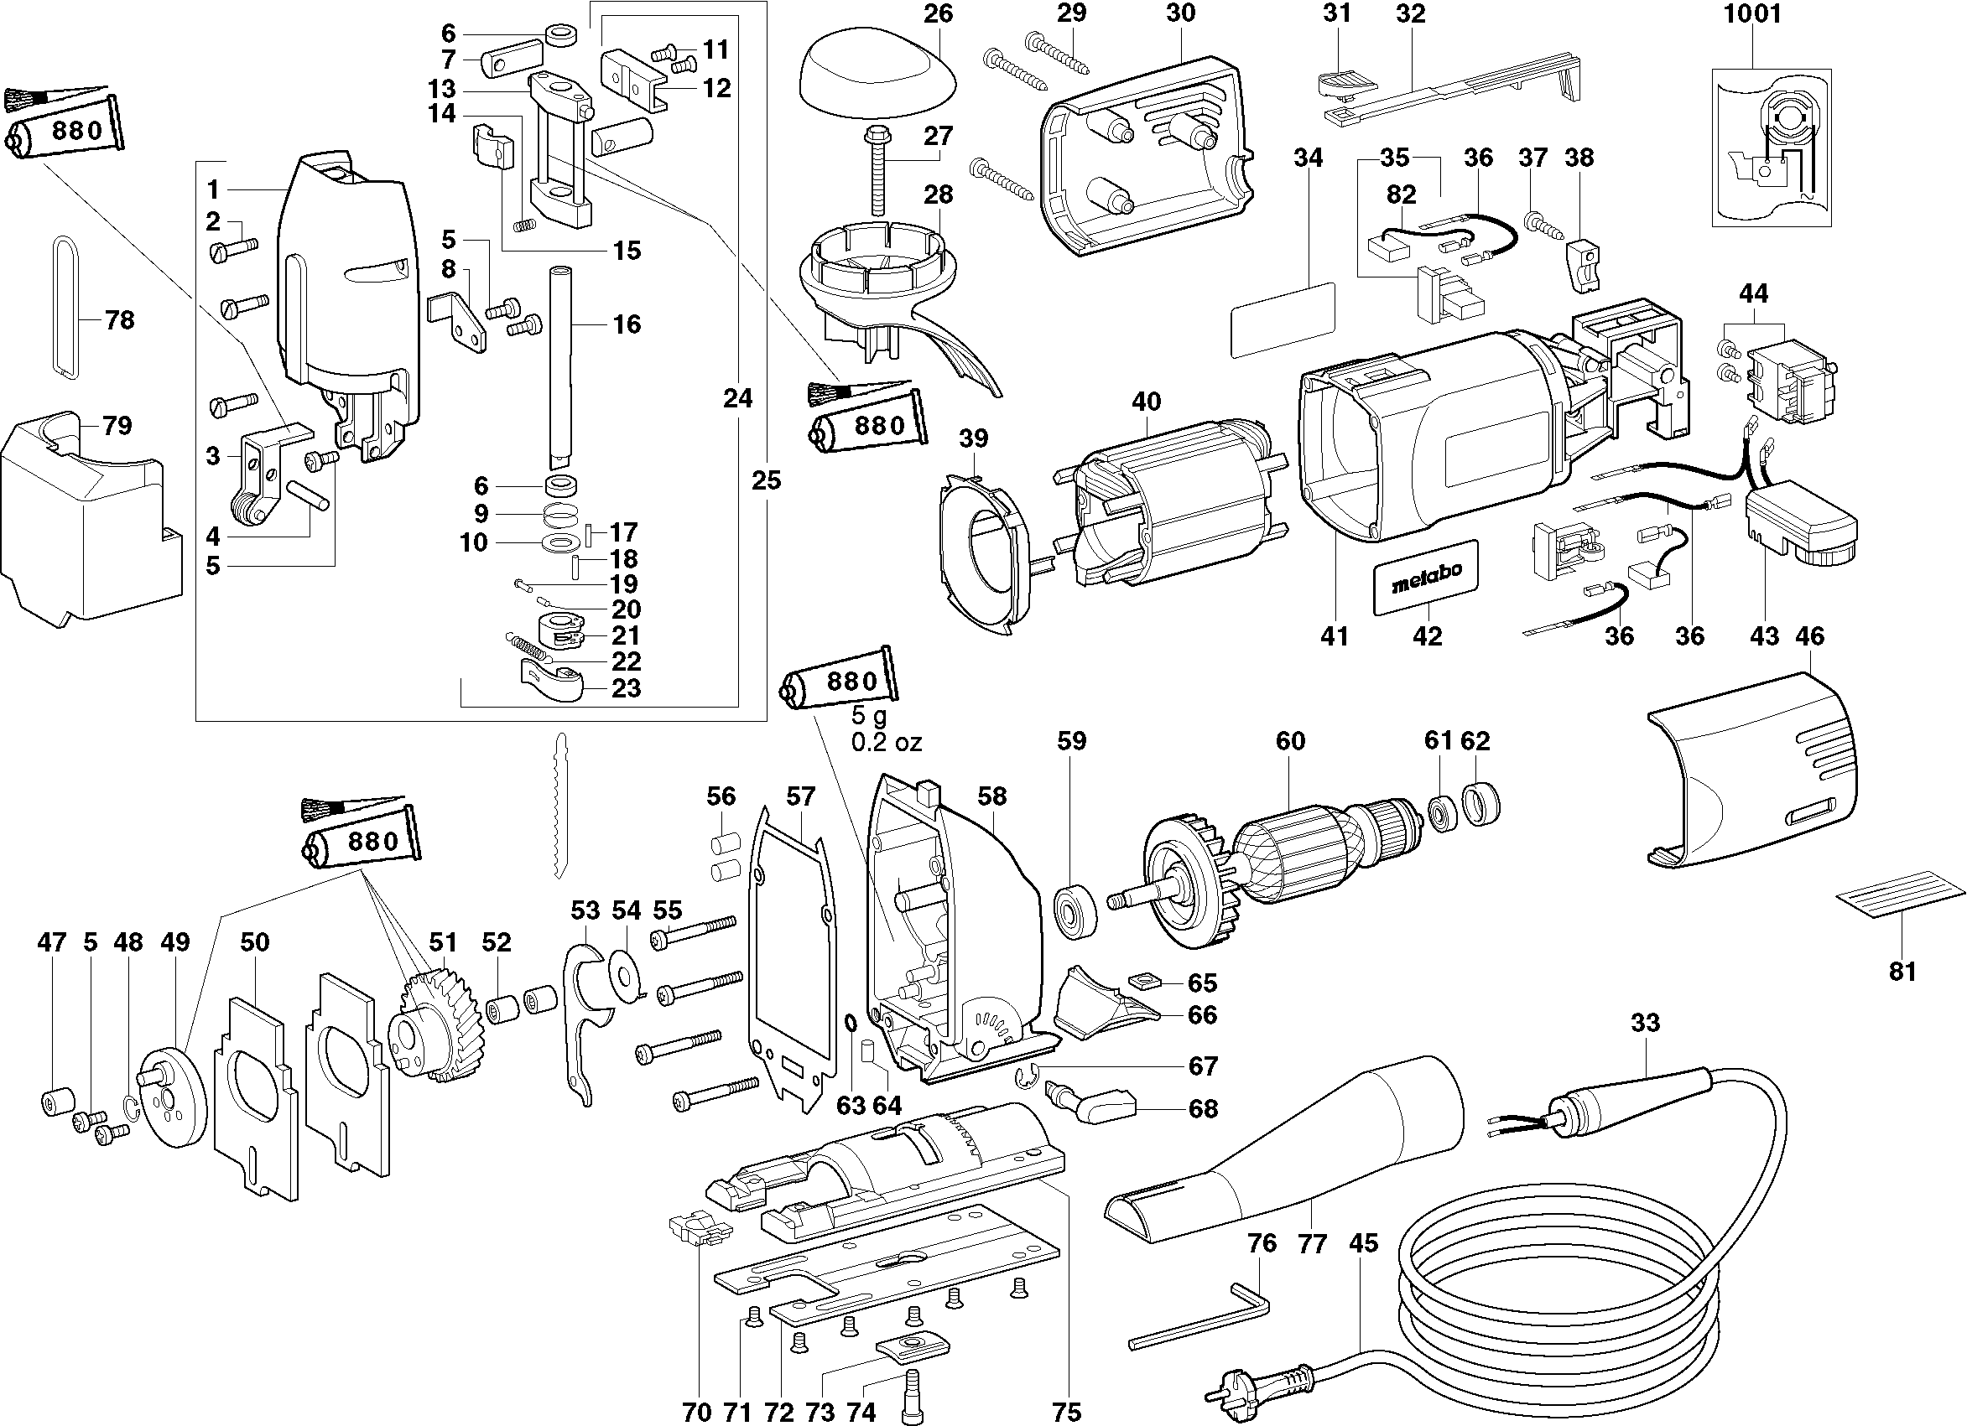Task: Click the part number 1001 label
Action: pyautogui.click(x=1751, y=15)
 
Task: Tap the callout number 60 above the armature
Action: pyautogui.click(x=1289, y=741)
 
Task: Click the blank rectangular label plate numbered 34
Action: pyautogui.click(x=1283, y=319)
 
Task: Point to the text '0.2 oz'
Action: pyautogui.click(x=887, y=743)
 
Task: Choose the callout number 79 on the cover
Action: pyautogui.click(x=117, y=426)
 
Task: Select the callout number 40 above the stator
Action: pyautogui.click(x=1146, y=402)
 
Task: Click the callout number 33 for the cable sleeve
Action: pyautogui.click(x=1644, y=1023)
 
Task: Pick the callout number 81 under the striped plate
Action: pyautogui.click(x=1901, y=971)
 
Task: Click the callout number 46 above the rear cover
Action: pyautogui.click(x=1809, y=635)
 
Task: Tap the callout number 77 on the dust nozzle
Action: pyautogui.click(x=1312, y=1245)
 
